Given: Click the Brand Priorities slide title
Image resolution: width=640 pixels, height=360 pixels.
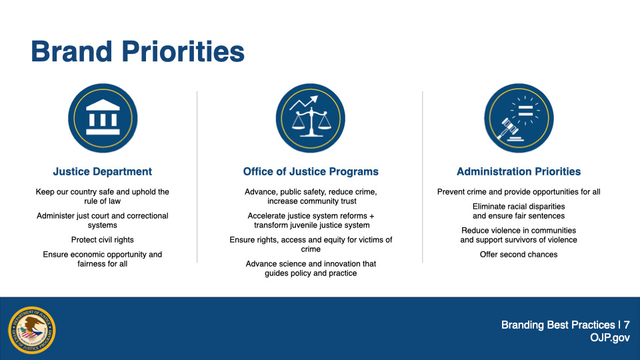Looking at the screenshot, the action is (137, 51).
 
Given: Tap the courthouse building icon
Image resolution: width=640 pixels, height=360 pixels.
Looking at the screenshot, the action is (103, 118).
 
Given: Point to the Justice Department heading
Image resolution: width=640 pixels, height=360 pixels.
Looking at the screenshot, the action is (103, 171).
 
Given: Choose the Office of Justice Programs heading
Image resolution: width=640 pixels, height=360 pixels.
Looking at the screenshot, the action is (311, 171).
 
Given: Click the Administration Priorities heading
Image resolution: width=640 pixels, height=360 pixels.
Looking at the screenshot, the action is (519, 171).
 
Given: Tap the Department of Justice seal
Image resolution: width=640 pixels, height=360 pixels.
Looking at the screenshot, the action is (32, 330).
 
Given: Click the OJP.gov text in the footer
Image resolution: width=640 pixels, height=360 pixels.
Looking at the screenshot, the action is (610, 337).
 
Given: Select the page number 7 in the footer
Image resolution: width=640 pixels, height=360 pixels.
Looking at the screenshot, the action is (627, 325).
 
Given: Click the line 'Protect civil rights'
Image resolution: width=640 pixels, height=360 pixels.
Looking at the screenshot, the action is (103, 239).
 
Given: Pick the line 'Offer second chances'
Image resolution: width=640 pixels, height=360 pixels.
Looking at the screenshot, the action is (519, 254).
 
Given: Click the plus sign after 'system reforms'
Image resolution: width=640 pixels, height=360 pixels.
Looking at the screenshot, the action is (371, 215).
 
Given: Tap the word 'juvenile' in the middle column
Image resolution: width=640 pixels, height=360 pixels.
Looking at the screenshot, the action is (299, 225).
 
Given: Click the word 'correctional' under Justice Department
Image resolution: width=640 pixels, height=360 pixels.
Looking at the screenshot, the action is (147, 215).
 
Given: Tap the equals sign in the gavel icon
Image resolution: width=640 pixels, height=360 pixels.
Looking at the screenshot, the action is (525, 111).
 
